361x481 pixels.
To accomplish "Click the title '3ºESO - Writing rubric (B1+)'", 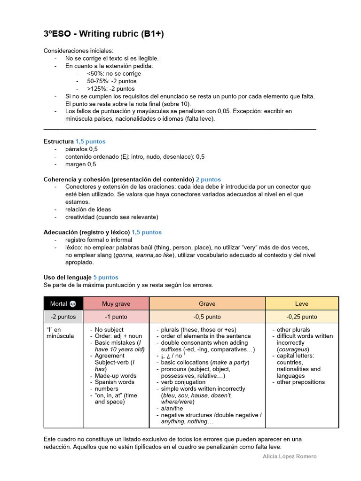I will (104, 34).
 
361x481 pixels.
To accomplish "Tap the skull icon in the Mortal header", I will (72, 304).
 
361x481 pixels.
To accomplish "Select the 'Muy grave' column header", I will (116, 304).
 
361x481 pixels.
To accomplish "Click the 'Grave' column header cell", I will (207, 304).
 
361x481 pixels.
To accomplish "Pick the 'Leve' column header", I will (302, 304).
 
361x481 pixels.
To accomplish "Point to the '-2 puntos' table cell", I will (63, 317).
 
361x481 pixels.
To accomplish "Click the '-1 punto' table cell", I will (116, 317).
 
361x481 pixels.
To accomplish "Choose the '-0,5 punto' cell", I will (207, 317).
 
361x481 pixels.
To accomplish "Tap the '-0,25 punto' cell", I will (302, 317).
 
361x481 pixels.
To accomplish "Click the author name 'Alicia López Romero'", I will (289, 456).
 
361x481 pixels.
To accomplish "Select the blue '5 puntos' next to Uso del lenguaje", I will (106, 278).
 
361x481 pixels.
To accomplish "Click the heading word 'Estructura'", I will (59, 141).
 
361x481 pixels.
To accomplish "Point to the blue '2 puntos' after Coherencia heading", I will (208, 179).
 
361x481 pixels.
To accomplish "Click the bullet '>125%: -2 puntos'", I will (111, 89).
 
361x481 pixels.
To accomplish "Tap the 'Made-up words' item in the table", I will (116, 376).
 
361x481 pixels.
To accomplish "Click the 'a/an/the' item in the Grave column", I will (172, 409).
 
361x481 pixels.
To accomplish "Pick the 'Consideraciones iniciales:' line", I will (78, 51).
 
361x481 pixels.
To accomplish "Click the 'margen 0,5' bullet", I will (80, 164).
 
